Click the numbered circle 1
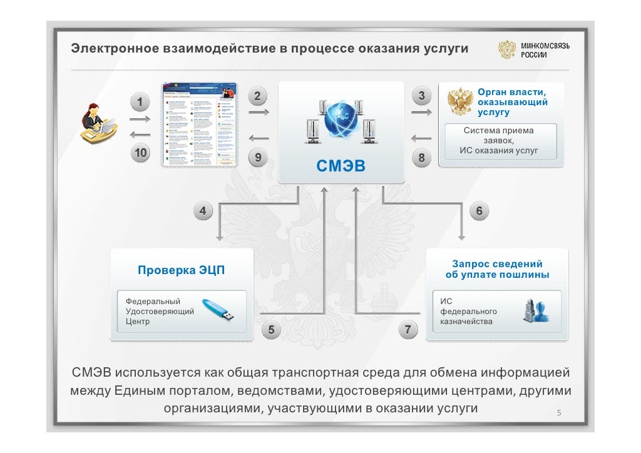(x=141, y=101)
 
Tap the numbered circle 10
(x=141, y=152)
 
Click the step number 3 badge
(x=421, y=96)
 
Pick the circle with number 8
(x=421, y=158)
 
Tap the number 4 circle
(x=203, y=211)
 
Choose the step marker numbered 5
(x=271, y=329)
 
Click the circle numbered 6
(x=479, y=211)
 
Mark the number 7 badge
(x=408, y=329)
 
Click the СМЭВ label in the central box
(x=341, y=166)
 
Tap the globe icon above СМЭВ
(x=341, y=122)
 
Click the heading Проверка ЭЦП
(x=181, y=270)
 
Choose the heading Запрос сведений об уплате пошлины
(x=498, y=270)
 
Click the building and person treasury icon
(x=536, y=311)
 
